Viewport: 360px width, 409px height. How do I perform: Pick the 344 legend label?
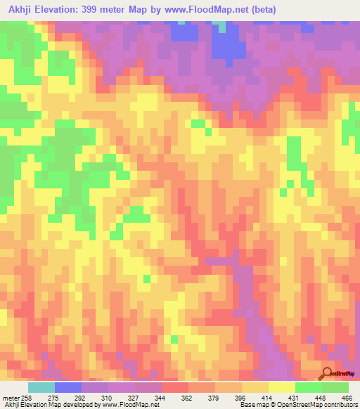tap(161, 398)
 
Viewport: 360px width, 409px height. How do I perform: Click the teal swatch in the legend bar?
tap(41, 387)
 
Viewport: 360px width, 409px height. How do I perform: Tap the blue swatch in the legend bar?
tap(68, 387)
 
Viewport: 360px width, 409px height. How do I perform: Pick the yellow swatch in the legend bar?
tap(281, 387)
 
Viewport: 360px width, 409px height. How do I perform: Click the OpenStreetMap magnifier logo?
tap(327, 372)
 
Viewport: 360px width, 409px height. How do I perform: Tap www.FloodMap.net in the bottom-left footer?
tap(129, 405)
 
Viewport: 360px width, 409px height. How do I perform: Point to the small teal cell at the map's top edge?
tap(222, 27)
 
